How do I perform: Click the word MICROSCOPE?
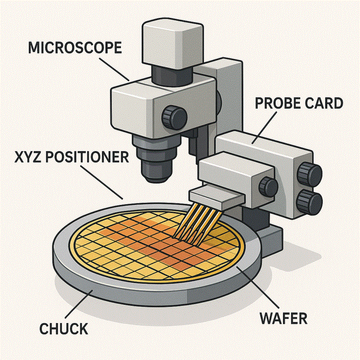pyautogui.click(x=75, y=47)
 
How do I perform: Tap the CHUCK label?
pyautogui.click(x=64, y=328)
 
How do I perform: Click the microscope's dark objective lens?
pyautogui.click(x=155, y=164)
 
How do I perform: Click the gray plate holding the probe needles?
pyautogui.click(x=216, y=197)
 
